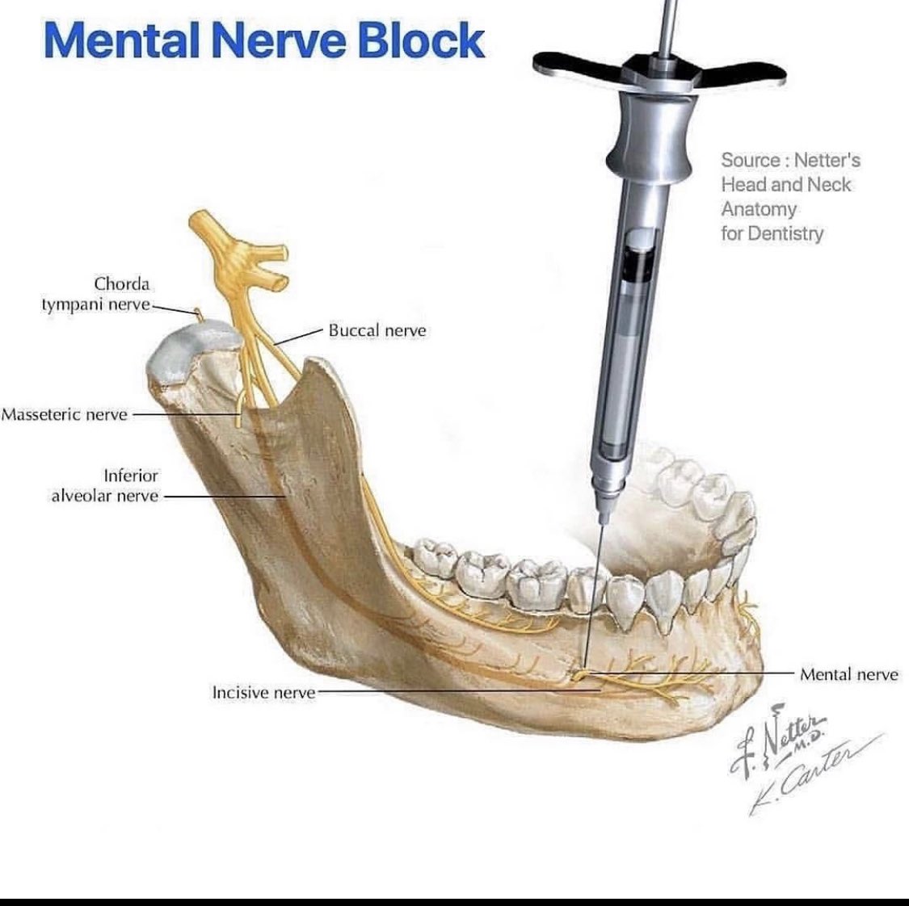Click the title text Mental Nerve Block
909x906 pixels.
coord(264,41)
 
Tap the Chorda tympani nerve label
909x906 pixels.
coord(97,294)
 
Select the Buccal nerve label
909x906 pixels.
coord(377,330)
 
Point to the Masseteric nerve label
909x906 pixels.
coord(65,414)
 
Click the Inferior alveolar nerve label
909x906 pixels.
coord(106,486)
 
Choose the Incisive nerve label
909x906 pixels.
coord(263,692)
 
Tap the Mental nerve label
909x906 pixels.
coord(848,673)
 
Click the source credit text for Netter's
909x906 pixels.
coord(789,196)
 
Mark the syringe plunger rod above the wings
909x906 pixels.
coord(667,24)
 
